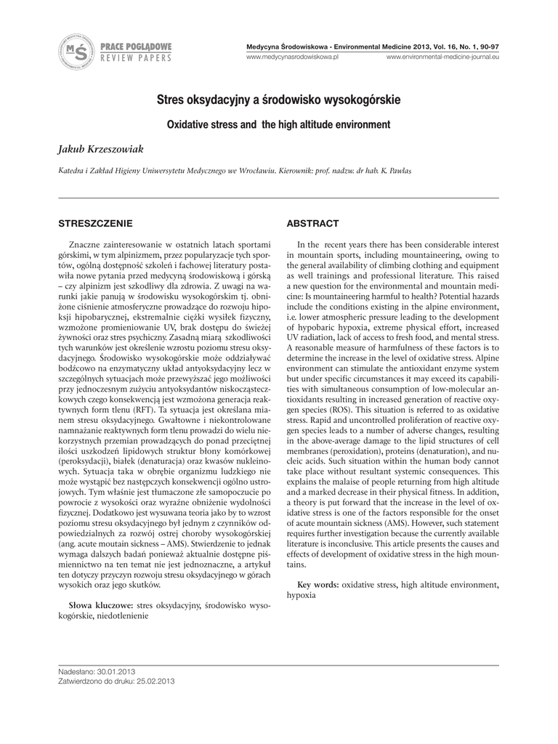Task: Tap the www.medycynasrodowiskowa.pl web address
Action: [294, 57]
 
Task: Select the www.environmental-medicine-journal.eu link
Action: [442, 57]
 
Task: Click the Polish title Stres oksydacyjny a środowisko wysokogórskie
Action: [278, 100]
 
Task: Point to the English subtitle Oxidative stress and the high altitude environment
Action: [278, 125]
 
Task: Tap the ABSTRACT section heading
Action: [312, 223]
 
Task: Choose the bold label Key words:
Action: [318, 584]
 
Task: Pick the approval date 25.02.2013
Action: [152, 682]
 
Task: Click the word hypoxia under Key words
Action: [301, 594]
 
